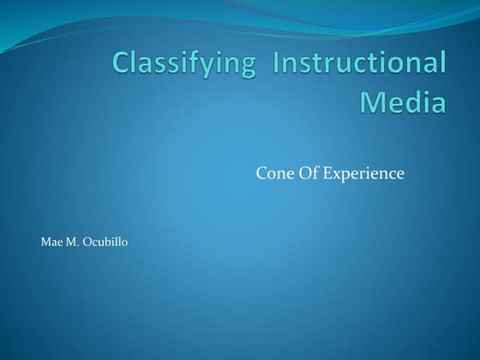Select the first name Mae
click(x=51, y=243)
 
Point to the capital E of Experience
click(x=331, y=174)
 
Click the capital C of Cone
click(x=261, y=174)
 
